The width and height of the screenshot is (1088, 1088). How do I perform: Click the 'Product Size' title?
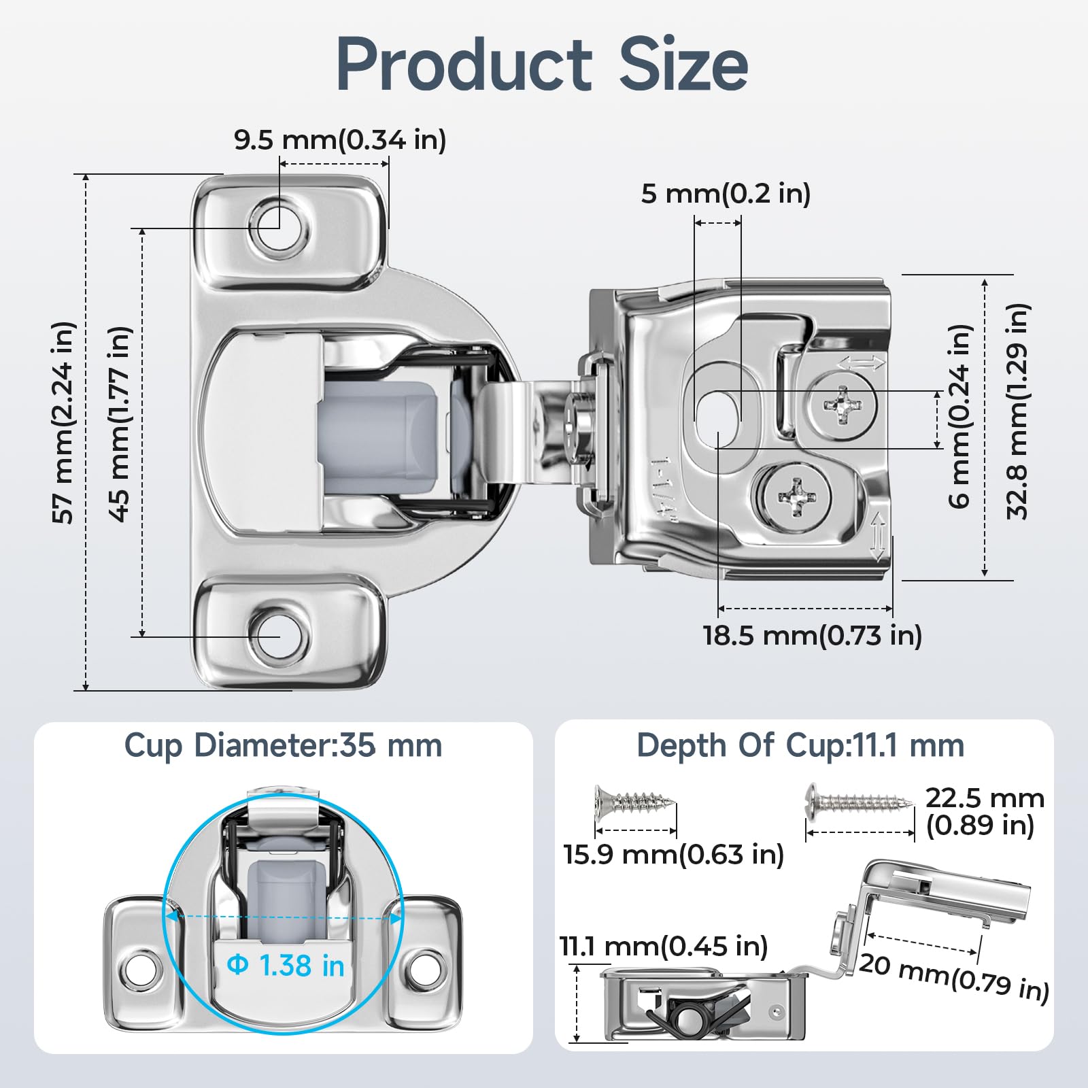[542, 65]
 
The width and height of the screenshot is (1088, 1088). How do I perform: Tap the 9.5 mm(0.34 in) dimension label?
[340, 140]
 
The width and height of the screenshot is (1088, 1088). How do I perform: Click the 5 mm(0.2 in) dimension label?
[726, 194]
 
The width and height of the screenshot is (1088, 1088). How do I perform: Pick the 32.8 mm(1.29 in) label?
[1017, 411]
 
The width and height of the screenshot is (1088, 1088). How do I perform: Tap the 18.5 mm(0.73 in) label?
[812, 636]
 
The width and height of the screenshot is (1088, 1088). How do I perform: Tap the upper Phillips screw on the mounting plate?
[842, 406]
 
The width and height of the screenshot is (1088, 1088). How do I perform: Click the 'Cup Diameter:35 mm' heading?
[283, 746]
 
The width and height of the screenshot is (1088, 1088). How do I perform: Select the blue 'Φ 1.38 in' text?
[286, 966]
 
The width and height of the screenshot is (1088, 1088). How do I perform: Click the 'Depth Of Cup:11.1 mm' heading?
[800, 746]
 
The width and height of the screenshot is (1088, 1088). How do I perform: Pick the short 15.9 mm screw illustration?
[634, 802]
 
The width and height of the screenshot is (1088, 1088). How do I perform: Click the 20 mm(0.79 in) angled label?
[953, 976]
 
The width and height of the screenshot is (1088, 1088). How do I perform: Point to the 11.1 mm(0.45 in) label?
[663, 947]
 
